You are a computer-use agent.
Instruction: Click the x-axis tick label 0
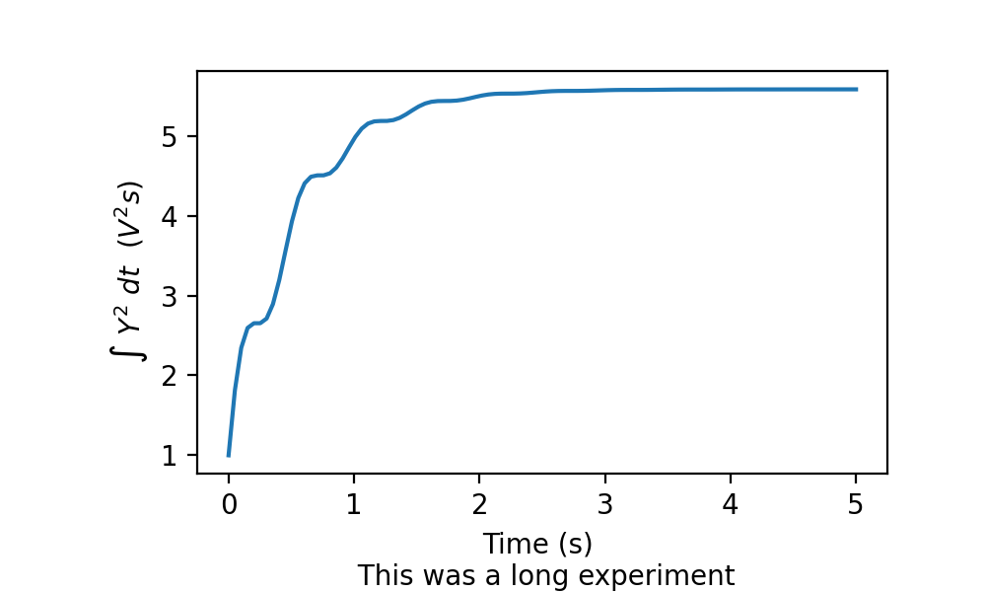[x=229, y=504]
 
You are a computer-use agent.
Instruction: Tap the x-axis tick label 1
[x=354, y=504]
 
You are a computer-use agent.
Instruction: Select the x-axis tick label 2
[x=479, y=504]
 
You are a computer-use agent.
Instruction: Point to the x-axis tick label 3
[x=604, y=504]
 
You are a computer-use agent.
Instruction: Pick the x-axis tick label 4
[x=731, y=504]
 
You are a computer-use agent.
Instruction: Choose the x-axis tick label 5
[x=856, y=504]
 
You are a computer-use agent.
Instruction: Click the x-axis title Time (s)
[x=537, y=544]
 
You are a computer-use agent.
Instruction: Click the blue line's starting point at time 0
[x=229, y=455]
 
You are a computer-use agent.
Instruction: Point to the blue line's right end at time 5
[x=856, y=89]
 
